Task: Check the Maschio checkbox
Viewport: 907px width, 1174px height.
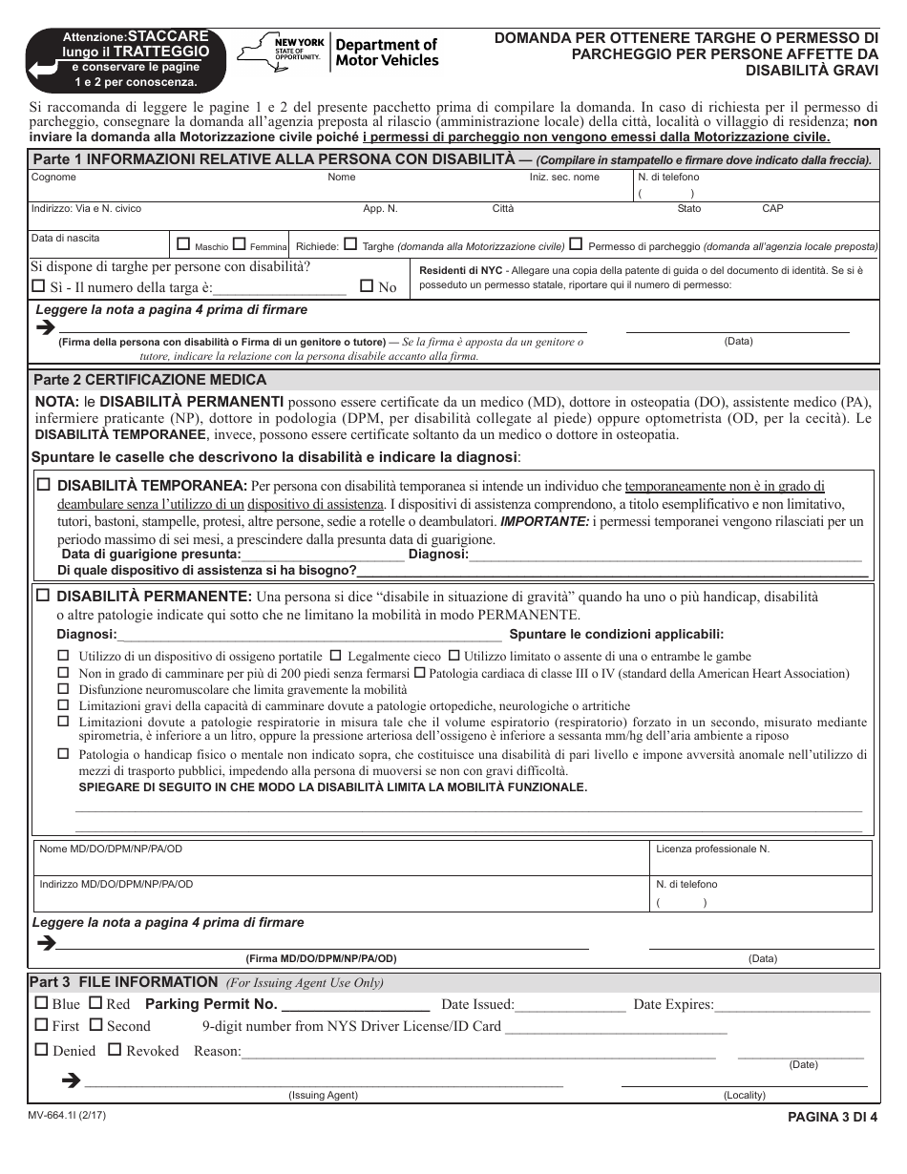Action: tap(184, 243)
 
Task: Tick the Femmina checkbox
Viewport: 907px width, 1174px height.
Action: tap(240, 243)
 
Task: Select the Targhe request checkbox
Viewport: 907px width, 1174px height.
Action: tap(350, 243)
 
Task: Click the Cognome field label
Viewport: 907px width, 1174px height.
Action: tap(53, 178)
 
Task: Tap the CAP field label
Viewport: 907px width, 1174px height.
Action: tap(772, 208)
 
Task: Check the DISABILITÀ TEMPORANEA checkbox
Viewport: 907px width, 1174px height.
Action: tap(43, 485)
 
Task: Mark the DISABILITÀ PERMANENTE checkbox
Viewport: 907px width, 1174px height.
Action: tap(43, 596)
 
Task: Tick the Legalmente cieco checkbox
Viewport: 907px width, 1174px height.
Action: tap(335, 656)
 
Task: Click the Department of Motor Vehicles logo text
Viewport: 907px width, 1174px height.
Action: tap(387, 52)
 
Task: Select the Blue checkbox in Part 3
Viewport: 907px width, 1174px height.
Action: tap(40, 1003)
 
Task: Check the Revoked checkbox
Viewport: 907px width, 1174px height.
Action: tap(115, 1049)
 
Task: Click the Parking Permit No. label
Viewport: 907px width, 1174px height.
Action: tap(211, 1004)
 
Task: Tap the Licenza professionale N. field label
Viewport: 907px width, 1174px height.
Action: tap(712, 849)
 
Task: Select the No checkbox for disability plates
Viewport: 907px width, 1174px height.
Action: tap(367, 285)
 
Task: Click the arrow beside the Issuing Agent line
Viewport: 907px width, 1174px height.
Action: tap(70, 1080)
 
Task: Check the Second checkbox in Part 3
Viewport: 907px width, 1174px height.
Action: tap(95, 1025)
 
